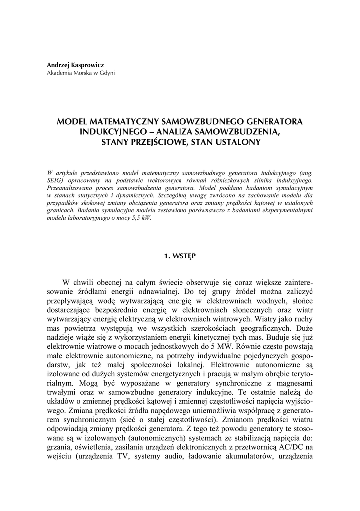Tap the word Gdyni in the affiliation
[106, 73]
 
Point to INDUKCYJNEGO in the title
[110, 132]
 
